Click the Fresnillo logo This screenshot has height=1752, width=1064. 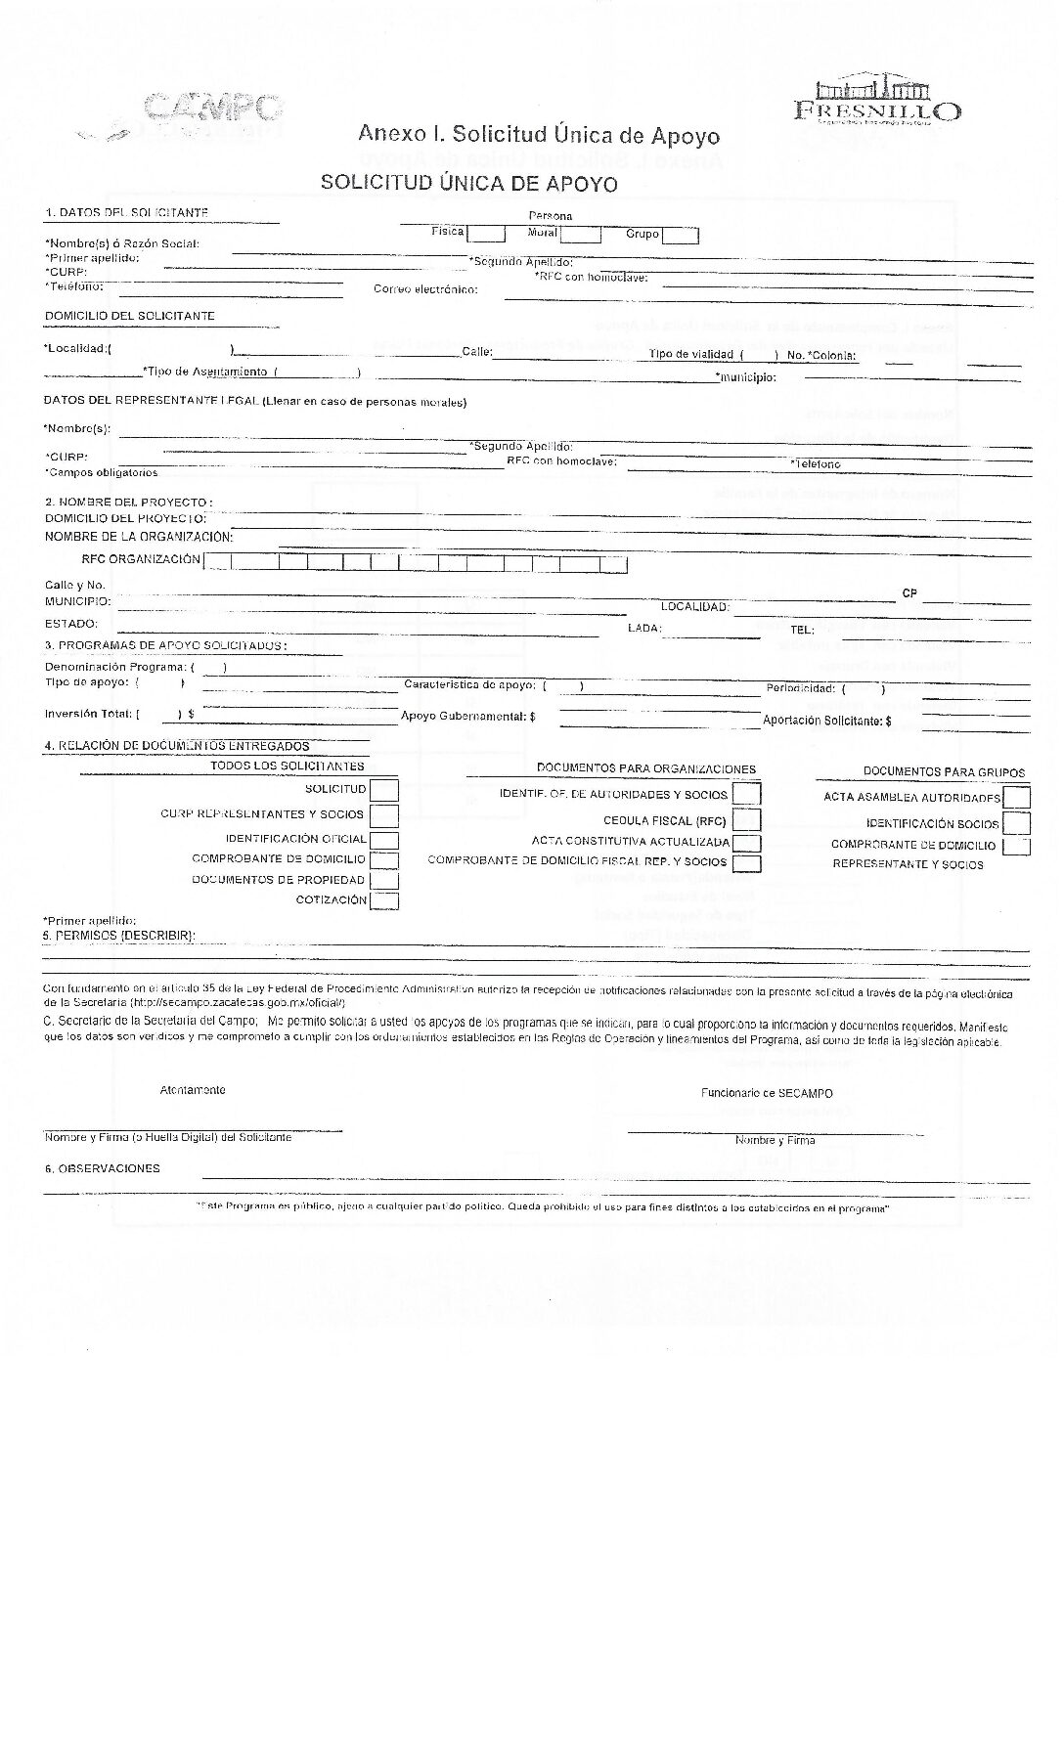click(876, 102)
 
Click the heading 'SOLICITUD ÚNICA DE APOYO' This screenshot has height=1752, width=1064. click(469, 183)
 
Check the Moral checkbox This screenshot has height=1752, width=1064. click(581, 235)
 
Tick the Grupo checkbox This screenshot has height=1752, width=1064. click(681, 236)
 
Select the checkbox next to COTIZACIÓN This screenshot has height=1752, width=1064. click(384, 900)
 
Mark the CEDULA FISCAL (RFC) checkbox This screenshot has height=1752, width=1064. click(746, 820)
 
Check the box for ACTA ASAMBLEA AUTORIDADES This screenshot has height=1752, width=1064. click(1017, 798)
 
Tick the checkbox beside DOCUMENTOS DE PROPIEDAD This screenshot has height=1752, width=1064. click(384, 880)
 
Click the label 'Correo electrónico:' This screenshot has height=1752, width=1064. click(425, 290)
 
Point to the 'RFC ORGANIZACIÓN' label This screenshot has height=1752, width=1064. click(141, 560)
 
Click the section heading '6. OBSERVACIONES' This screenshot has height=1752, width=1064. click(102, 1168)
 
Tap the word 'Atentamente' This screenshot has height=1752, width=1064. click(193, 1090)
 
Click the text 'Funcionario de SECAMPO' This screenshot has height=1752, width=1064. click(767, 1093)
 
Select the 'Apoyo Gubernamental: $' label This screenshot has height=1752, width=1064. click(468, 717)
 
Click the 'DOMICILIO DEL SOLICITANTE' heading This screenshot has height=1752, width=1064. click(129, 316)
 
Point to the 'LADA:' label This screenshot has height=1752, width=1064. click(644, 628)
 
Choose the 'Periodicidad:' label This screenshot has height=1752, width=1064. click(800, 688)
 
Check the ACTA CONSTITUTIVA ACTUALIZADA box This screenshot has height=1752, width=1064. click(746, 843)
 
